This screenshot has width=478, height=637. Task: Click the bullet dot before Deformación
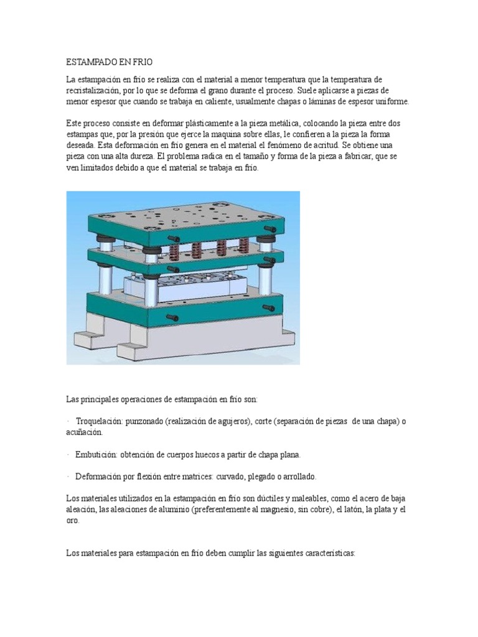(x=67, y=476)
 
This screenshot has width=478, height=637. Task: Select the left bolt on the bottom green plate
(x=172, y=317)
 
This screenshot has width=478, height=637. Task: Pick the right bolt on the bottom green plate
(x=269, y=307)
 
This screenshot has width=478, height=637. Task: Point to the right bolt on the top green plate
(x=270, y=230)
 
